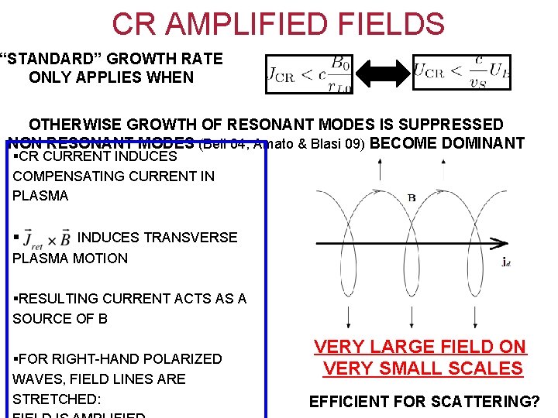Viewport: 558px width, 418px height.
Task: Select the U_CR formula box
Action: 461,71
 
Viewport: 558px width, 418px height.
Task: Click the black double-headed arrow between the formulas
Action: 381,74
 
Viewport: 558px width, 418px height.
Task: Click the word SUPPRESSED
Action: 445,125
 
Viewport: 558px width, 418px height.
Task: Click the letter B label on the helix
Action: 412,198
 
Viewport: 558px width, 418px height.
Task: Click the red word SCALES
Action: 485,368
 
